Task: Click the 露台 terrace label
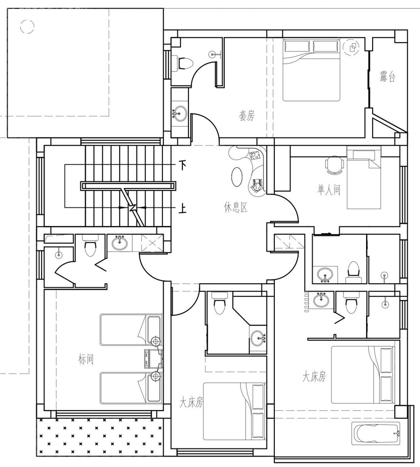click(387, 76)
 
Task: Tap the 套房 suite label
click(247, 116)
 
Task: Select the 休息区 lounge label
click(236, 208)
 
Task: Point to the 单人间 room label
click(329, 190)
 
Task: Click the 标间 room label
click(86, 359)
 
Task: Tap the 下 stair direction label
click(183, 165)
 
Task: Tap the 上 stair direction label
click(183, 209)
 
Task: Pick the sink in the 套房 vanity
click(180, 113)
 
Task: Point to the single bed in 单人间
click(364, 178)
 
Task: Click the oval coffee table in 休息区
click(237, 177)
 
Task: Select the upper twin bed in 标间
click(131, 330)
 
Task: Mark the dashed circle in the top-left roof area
click(27, 27)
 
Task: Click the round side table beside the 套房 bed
click(351, 47)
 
